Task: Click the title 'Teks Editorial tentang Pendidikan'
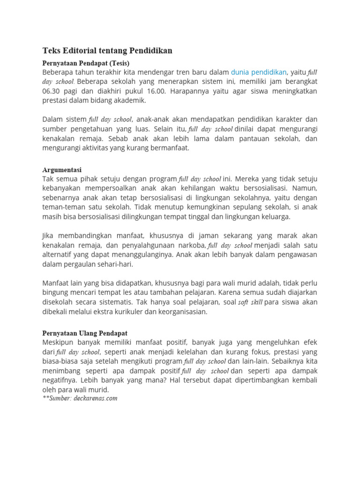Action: pyautogui.click(x=107, y=51)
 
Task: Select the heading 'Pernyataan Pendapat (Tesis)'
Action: pyautogui.click(x=86, y=63)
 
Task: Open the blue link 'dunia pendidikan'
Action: pyautogui.click(x=259, y=72)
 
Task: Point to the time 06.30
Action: pyautogui.click(x=52, y=91)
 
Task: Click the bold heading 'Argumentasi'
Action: pyautogui.click(x=62, y=170)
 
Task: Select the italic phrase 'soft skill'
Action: pyautogui.click(x=251, y=302)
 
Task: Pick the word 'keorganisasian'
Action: pyautogui.click(x=181, y=312)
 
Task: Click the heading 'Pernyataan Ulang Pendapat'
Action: pyautogui.click(x=85, y=333)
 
